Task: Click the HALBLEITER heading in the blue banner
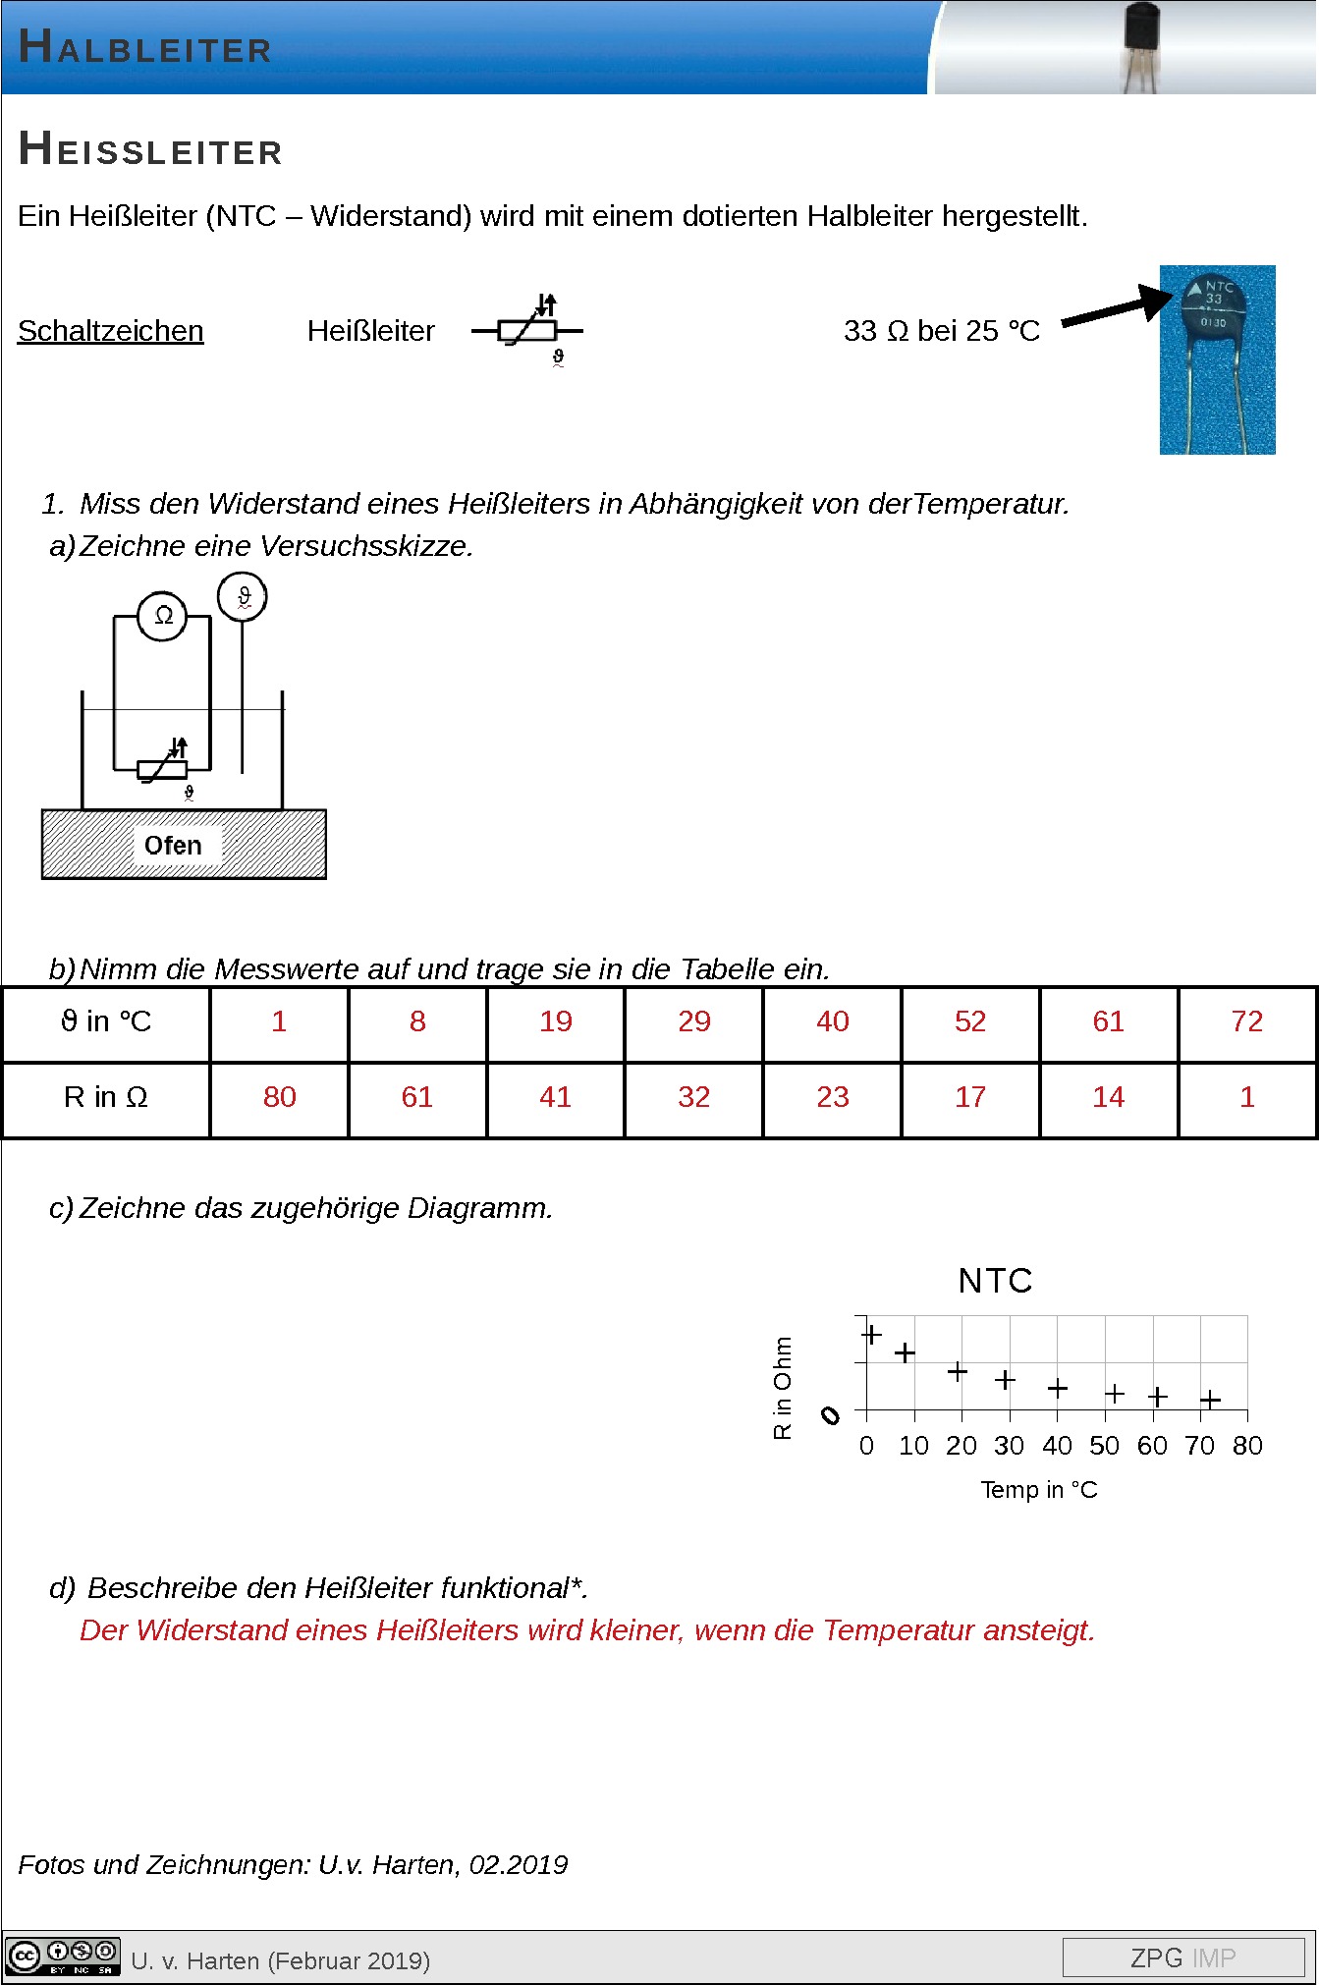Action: [x=144, y=46]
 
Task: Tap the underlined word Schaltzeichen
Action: [x=110, y=331]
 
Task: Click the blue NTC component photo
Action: [x=1217, y=359]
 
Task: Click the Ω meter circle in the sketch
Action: [x=163, y=616]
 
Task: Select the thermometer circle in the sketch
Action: [x=243, y=596]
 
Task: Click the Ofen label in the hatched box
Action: [x=173, y=845]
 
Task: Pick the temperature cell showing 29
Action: [x=693, y=1021]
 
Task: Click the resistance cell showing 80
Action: [x=279, y=1097]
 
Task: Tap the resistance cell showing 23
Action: [x=832, y=1097]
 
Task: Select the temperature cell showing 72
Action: [x=1246, y=1021]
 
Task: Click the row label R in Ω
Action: [x=105, y=1097]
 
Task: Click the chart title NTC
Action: [x=995, y=1281]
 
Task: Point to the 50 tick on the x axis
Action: [x=1104, y=1446]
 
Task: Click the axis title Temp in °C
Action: [x=1038, y=1490]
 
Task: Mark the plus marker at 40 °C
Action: [x=1057, y=1388]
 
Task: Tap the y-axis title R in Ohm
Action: [x=782, y=1388]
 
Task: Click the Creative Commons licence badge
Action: [x=63, y=1957]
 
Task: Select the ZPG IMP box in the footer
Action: [x=1182, y=1957]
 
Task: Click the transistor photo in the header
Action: [x=1141, y=47]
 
